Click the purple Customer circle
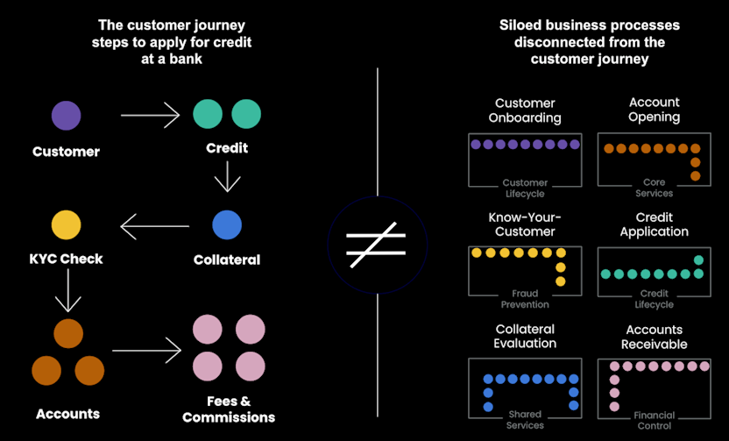(x=66, y=115)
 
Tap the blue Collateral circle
(x=227, y=224)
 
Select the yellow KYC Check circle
(x=66, y=225)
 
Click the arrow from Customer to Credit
(x=150, y=115)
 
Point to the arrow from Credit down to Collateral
(x=227, y=177)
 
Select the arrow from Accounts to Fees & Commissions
(x=145, y=352)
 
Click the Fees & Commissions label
(x=228, y=409)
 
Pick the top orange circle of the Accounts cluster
(x=68, y=333)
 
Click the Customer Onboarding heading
(x=526, y=110)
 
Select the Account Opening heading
(x=654, y=110)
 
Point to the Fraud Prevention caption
(x=525, y=299)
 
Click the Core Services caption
(x=654, y=187)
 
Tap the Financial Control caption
(x=654, y=419)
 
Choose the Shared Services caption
(x=525, y=419)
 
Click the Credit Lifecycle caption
(x=654, y=299)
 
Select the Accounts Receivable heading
(x=654, y=337)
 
